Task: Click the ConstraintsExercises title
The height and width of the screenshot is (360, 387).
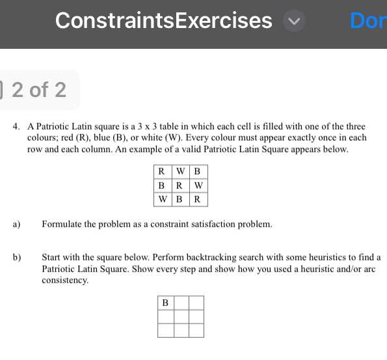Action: click(x=164, y=21)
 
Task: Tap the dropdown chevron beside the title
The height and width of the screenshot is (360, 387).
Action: click(x=294, y=21)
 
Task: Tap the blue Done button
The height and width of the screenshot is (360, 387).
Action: click(x=368, y=21)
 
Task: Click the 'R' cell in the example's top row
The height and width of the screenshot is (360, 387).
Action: click(x=160, y=172)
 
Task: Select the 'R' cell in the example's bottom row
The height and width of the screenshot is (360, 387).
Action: click(x=198, y=199)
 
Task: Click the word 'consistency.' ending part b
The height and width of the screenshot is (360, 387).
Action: click(x=66, y=280)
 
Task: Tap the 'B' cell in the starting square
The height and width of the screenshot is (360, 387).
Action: click(x=165, y=303)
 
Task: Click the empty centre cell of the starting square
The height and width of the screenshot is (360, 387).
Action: click(x=180, y=316)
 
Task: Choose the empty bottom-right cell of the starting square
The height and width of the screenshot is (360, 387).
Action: click(x=196, y=330)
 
